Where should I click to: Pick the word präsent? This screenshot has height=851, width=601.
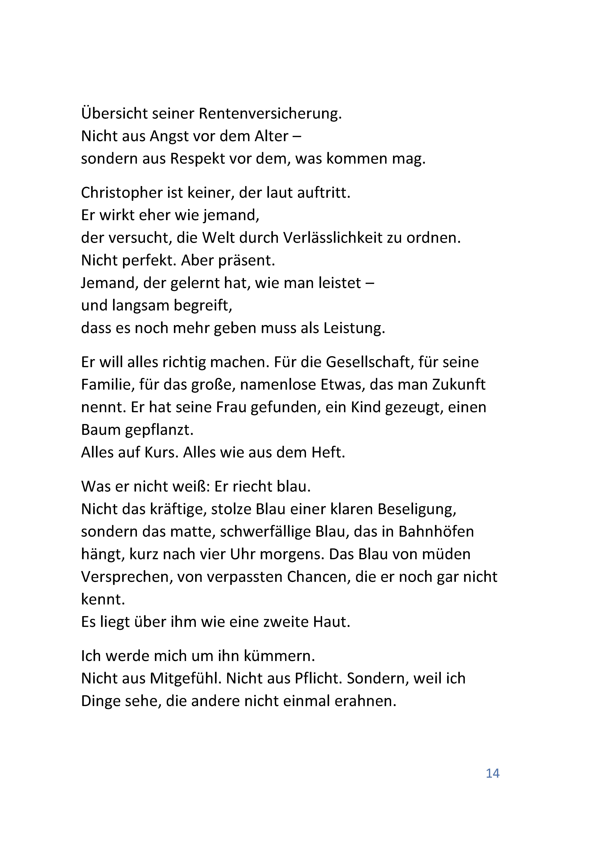[246, 261]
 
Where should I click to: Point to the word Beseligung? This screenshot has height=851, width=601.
[416, 509]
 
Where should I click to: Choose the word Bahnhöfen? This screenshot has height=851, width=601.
[436, 532]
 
